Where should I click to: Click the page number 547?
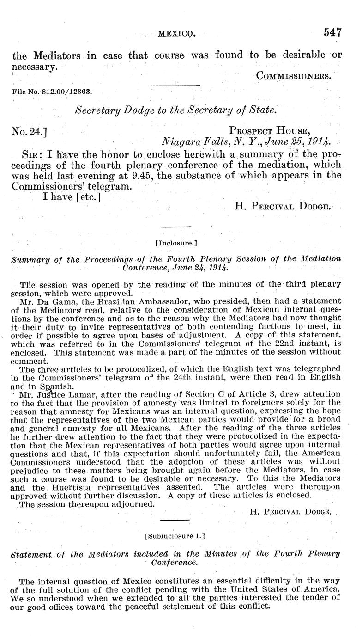[332, 32]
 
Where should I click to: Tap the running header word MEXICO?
[177, 33]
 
